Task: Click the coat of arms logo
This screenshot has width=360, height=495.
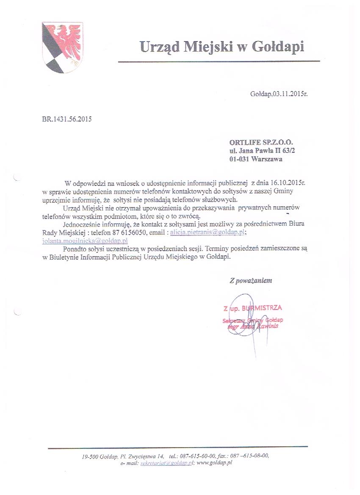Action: (62, 47)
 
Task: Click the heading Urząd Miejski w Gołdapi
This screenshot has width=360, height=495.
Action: (222, 47)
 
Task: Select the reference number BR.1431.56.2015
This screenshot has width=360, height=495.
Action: (67, 119)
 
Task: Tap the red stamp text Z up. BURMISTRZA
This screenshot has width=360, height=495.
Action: (253, 308)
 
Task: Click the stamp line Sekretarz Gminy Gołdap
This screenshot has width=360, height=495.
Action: (253, 321)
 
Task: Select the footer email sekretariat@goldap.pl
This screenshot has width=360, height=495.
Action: (167, 463)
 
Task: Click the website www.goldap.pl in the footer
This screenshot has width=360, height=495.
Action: (215, 463)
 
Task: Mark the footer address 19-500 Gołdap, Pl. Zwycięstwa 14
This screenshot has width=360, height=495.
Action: (123, 456)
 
